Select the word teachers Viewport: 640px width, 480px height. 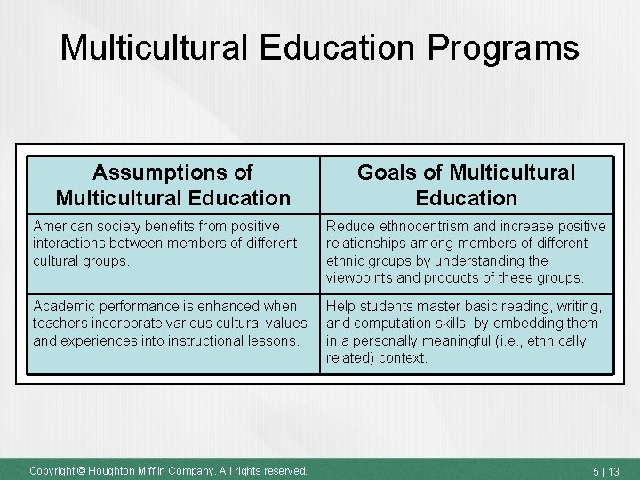(x=60, y=324)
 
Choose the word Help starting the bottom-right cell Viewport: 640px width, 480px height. (x=340, y=307)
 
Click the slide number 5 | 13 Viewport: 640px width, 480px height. (x=606, y=470)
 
